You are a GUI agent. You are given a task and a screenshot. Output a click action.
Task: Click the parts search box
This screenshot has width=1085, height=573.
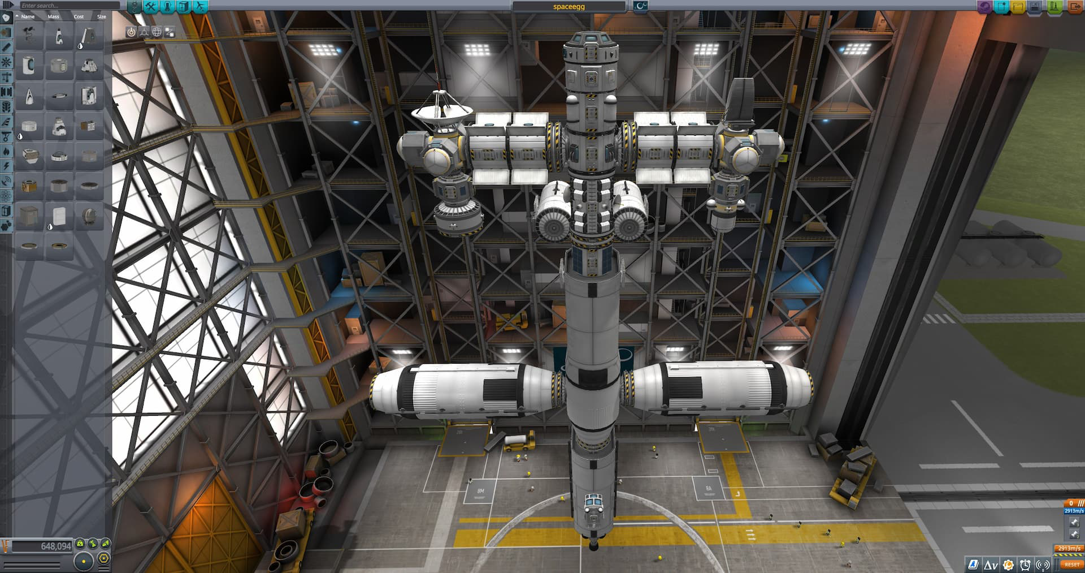click(x=68, y=6)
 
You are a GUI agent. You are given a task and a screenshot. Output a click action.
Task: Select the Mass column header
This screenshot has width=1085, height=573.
click(x=54, y=16)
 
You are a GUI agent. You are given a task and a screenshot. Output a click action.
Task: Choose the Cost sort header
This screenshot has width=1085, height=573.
click(x=79, y=16)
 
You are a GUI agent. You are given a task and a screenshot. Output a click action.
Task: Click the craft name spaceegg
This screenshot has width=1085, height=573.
click(x=568, y=6)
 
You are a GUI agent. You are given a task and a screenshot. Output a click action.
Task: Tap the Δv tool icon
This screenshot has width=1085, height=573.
click(x=990, y=565)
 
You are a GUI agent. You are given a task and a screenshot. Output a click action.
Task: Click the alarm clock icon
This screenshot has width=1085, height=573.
click(x=1025, y=565)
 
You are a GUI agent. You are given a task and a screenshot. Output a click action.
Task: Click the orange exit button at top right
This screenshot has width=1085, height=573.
click(x=1074, y=6)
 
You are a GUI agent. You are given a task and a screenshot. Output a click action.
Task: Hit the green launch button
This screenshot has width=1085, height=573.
click(x=1054, y=6)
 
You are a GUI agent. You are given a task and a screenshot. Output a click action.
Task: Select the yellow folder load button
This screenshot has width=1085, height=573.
click(x=1019, y=6)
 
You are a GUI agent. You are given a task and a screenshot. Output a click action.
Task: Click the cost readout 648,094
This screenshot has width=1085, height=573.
click(x=42, y=546)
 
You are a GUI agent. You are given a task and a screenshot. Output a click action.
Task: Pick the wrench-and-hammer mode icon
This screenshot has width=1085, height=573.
click(x=151, y=6)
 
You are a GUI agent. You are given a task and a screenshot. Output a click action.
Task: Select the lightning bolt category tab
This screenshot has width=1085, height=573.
click(x=6, y=166)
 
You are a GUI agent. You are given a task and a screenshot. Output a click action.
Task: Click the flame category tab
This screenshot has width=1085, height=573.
click(x=6, y=151)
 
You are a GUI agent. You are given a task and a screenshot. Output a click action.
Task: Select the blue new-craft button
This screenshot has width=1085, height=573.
click(x=1002, y=6)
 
